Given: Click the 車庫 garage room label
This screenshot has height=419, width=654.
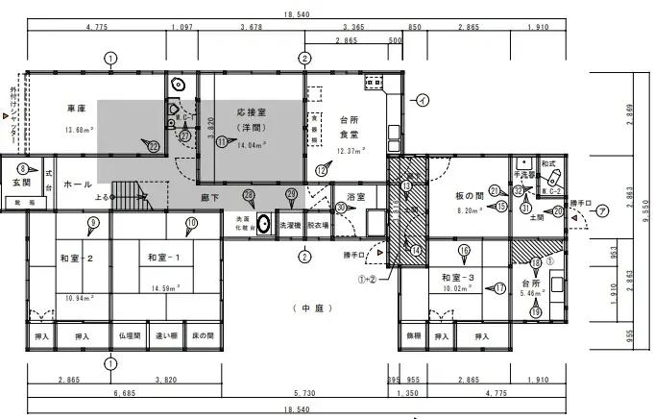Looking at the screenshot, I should click(x=78, y=108).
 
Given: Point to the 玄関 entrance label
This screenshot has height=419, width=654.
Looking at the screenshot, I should click(x=21, y=182).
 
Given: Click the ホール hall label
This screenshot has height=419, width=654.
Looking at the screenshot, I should click(x=77, y=184).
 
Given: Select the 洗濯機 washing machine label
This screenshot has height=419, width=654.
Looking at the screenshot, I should click(x=290, y=225).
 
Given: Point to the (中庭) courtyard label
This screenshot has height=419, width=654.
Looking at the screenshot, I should click(x=309, y=308).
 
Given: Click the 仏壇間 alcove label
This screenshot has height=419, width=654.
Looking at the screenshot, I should click(x=130, y=336).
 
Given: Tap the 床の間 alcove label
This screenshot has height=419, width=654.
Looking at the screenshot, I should click(x=204, y=336).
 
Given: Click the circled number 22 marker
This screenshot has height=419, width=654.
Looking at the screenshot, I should click(x=154, y=146).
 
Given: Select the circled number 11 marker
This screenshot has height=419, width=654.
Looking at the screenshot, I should click(x=222, y=141).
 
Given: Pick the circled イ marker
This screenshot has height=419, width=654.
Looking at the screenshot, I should click(x=424, y=99).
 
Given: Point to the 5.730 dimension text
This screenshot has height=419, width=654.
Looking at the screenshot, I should click(x=305, y=393).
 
